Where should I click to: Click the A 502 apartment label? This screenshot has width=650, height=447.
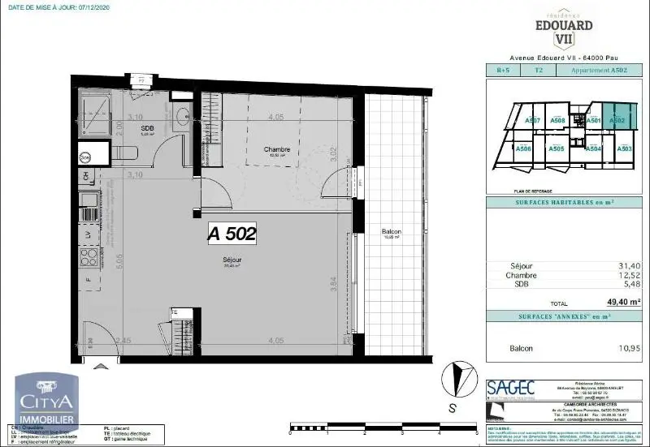[x=232, y=234]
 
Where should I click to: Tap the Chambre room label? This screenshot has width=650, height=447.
[x=277, y=149]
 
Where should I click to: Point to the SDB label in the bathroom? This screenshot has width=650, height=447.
[x=147, y=128]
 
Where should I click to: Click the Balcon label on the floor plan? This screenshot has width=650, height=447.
[x=392, y=232]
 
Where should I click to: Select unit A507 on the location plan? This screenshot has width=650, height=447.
[x=533, y=121]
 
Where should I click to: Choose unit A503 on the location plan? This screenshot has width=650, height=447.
[x=625, y=149]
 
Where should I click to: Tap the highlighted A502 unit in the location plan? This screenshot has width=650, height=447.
[x=617, y=121]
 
